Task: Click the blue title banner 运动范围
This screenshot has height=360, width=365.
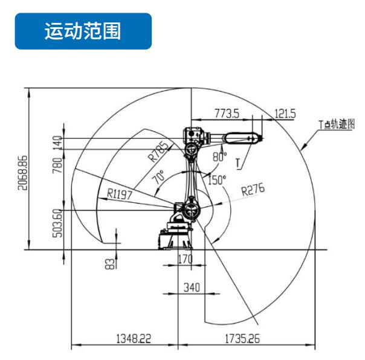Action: [83, 31]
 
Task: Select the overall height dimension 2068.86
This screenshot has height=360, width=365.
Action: [22, 173]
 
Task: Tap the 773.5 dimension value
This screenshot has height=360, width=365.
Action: [227, 114]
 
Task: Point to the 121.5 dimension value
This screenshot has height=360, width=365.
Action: [285, 114]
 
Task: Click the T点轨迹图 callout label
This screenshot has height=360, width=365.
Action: [337, 124]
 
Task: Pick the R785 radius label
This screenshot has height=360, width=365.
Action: [158, 152]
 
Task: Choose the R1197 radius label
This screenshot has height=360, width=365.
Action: [120, 194]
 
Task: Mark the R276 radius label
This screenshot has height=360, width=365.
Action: [253, 190]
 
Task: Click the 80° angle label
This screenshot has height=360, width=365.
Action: [219, 156]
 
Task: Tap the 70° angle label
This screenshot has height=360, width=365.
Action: [158, 177]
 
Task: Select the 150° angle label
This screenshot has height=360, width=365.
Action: [217, 180]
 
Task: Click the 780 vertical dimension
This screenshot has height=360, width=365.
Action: [57, 166]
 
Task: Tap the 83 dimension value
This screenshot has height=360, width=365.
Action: [110, 264]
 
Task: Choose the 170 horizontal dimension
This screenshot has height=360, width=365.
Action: [186, 259]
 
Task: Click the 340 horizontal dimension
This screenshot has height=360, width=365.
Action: [192, 288]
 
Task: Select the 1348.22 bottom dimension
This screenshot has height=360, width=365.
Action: [134, 339]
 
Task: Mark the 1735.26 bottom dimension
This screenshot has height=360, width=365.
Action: [242, 339]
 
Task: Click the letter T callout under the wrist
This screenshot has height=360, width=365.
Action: [238, 163]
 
